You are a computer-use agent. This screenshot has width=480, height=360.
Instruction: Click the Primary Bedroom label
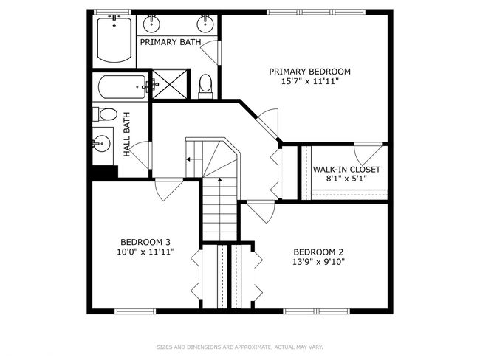tap(309, 72)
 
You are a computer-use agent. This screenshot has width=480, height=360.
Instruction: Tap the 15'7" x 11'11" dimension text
tap(309, 82)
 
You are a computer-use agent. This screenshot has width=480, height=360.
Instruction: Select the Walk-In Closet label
tap(346, 170)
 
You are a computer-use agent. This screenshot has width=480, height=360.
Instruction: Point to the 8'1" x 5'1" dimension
tap(346, 179)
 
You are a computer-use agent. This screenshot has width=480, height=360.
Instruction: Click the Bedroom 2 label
tap(318, 252)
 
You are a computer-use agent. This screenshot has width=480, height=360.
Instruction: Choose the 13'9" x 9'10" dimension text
tap(318, 262)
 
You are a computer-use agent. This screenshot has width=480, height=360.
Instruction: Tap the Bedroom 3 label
tap(145, 242)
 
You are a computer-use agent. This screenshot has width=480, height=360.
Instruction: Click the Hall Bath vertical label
tap(127, 134)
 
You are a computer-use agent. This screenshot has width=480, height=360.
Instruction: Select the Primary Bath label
tap(171, 42)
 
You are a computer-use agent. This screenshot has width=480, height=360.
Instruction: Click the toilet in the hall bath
tap(106, 114)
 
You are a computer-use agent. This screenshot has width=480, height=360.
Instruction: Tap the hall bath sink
tap(101, 143)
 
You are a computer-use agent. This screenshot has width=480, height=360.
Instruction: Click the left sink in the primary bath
tap(151, 24)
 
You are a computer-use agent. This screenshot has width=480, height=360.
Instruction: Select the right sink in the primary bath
tap(205, 24)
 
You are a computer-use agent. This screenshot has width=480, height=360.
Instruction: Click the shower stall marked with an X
tap(170, 84)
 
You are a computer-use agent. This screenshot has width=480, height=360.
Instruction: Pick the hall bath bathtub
tap(123, 87)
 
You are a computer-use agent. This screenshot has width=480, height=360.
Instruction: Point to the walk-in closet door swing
tap(368, 153)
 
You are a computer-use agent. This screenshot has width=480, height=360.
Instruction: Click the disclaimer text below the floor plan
tap(240, 347)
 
